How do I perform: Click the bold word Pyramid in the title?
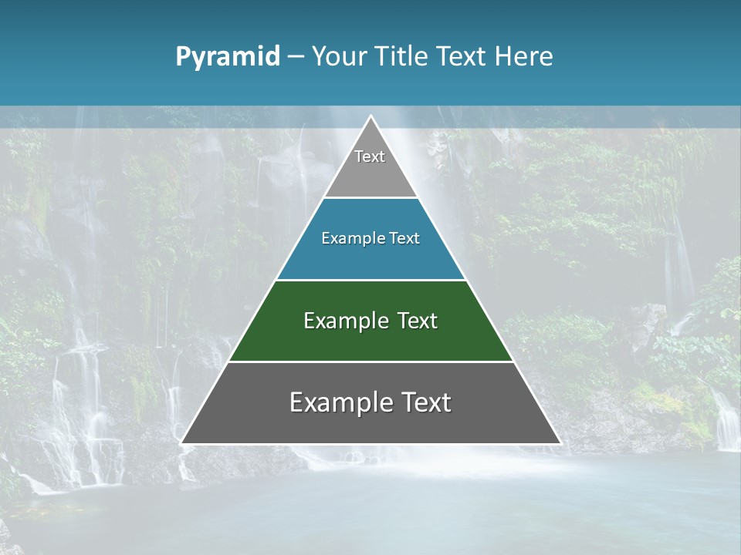click(228, 57)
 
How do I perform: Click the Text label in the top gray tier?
click(370, 156)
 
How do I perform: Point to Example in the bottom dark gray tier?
click(340, 402)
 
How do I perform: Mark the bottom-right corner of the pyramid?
click(560, 442)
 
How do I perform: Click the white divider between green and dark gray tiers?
click(370, 362)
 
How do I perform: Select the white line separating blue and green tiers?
click(370, 280)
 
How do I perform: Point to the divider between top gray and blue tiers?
click(370, 198)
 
